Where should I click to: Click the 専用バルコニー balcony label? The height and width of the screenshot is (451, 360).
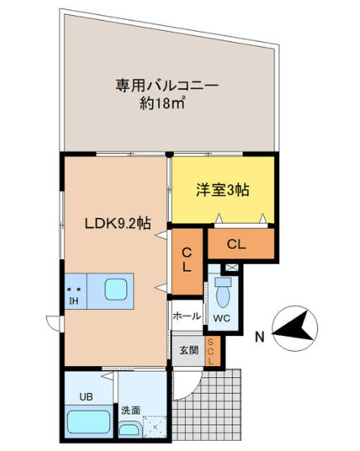[167, 84]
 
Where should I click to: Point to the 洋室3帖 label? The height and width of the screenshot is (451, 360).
[223, 189]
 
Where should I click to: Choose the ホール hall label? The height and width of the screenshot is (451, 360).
[188, 316]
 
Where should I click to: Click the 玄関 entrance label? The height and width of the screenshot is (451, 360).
[187, 350]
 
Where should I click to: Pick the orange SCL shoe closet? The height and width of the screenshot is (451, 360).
[211, 350]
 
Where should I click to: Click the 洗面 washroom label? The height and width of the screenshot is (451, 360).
[131, 411]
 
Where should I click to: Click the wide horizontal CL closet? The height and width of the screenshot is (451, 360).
[239, 244]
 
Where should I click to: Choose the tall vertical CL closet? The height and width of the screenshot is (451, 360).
[187, 258]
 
